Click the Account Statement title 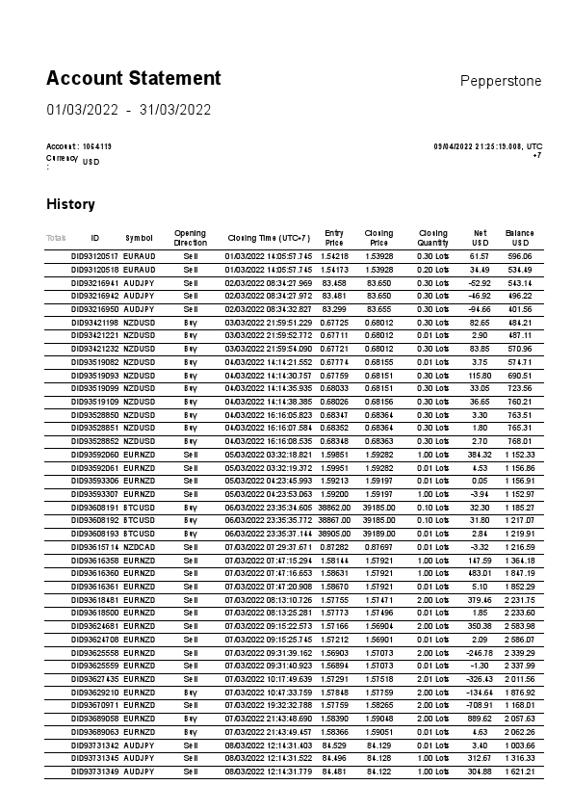[134, 78]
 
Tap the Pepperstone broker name [501, 81]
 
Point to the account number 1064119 [97, 146]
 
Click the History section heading [70, 204]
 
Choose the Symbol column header [139, 237]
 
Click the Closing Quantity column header [432, 237]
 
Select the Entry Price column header [334, 237]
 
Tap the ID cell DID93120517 [94, 257]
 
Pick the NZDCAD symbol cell [140, 546]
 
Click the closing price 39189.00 [378, 533]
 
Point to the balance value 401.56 [520, 309]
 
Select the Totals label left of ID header [56, 237]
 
